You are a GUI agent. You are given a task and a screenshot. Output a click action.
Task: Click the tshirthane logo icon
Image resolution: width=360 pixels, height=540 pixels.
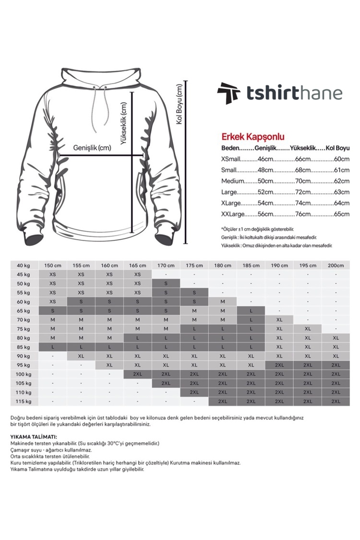point(228,93)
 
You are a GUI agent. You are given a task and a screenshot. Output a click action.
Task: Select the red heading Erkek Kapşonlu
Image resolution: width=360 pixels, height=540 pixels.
point(252,137)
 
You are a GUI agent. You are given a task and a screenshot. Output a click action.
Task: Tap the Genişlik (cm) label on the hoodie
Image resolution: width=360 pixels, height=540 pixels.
point(92,148)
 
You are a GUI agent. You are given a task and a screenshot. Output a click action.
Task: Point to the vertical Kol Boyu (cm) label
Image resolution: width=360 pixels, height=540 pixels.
point(180,105)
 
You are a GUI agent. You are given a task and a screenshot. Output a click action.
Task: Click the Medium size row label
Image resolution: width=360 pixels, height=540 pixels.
point(233,181)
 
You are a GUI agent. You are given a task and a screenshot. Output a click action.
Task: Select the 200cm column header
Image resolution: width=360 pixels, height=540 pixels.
point(336,265)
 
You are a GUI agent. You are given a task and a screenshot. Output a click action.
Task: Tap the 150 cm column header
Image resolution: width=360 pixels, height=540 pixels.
point(53,265)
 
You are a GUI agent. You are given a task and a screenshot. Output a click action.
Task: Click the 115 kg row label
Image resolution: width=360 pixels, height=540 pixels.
point(24,401)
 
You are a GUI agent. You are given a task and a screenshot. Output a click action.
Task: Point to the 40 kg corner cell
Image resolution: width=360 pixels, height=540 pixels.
point(24,265)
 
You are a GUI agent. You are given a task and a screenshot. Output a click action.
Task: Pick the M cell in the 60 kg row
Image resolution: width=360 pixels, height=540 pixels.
point(222,301)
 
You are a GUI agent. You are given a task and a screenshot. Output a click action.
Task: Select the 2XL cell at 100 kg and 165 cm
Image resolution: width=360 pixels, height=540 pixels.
point(137,374)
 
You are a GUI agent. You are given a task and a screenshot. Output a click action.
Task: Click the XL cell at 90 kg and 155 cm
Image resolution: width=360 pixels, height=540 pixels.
point(81,356)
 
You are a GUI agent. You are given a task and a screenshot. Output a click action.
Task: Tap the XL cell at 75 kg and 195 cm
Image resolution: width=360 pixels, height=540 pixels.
point(307,329)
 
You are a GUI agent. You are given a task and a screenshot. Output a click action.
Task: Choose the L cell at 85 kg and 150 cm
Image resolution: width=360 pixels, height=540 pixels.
point(53,347)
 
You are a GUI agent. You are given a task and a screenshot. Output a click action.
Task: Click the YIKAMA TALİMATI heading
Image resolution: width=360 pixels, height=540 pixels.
point(34,437)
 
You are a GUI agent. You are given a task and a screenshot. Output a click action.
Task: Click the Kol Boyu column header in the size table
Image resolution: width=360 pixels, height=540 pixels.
point(339,148)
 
